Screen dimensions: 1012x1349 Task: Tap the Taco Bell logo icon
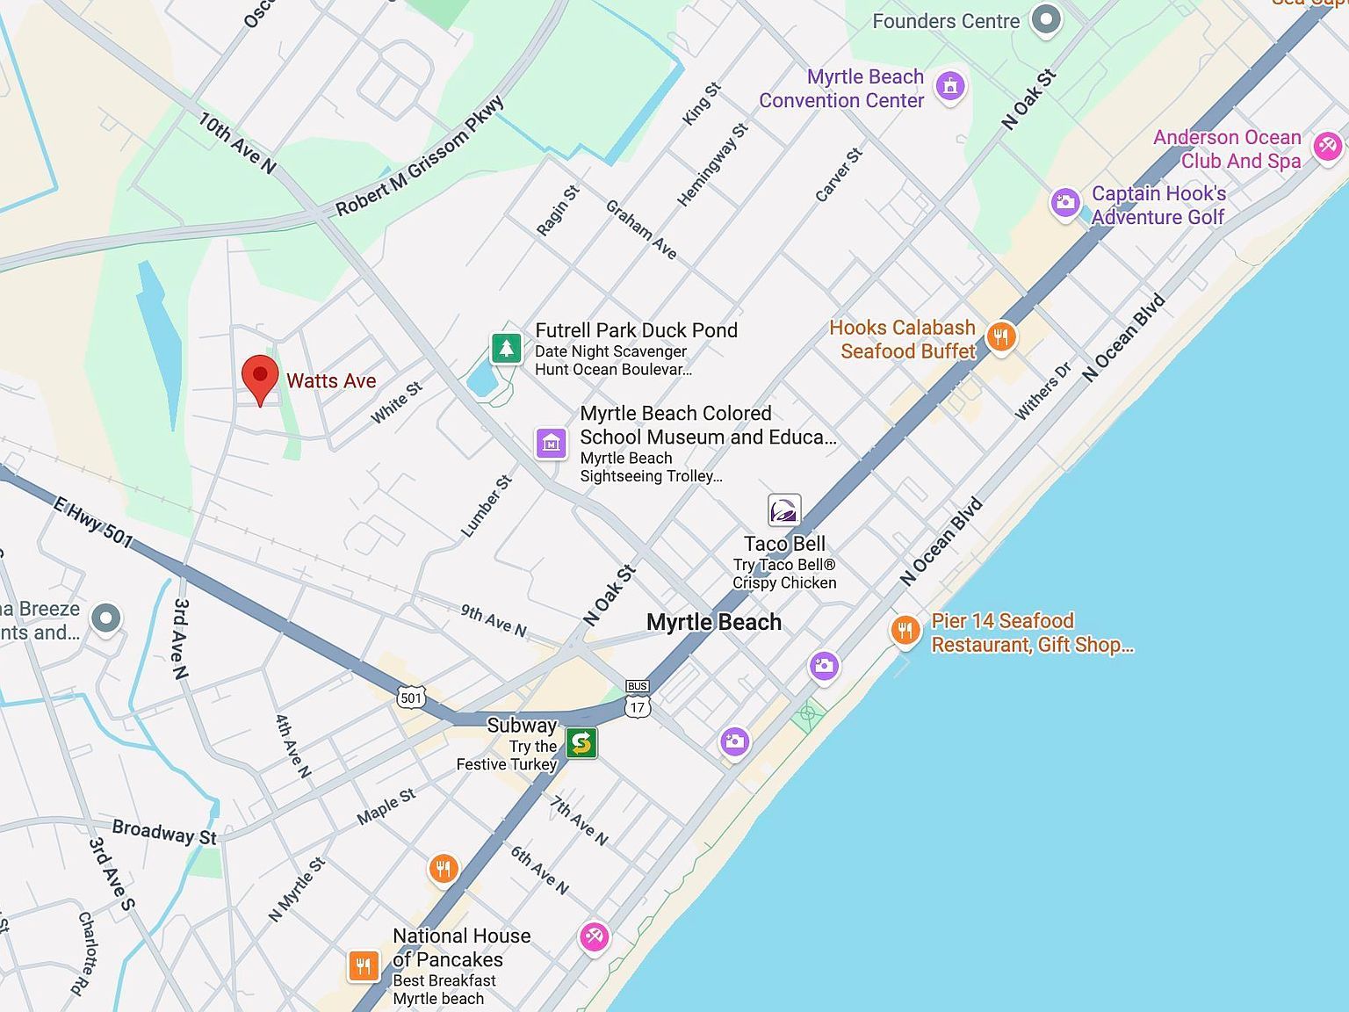[784, 510]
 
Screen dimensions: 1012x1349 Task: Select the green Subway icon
[581, 743]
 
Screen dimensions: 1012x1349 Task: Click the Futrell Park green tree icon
[506, 348]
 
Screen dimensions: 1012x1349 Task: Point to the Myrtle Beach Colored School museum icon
[552, 444]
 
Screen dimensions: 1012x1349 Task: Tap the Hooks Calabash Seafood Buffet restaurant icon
[1000, 336]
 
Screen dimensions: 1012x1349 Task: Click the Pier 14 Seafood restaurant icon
[905, 630]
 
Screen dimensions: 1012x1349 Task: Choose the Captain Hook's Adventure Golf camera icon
[1065, 203]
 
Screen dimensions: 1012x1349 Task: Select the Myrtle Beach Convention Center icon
[949, 87]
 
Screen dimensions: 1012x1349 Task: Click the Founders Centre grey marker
[1045, 20]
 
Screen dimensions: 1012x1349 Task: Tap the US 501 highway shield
[411, 698]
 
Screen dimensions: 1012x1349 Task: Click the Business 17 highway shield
[638, 699]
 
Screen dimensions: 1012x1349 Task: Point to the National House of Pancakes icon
[363, 965]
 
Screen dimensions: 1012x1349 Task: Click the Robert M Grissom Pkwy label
[421, 156]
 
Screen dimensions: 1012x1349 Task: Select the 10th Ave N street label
[237, 142]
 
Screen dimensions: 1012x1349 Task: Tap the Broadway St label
[164, 832]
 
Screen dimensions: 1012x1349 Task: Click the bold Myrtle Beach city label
[713, 622]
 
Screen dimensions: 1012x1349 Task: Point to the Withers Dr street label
[1043, 391]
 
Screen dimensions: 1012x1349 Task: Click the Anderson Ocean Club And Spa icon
[1327, 146]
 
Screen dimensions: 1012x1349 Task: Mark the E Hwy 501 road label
[92, 522]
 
